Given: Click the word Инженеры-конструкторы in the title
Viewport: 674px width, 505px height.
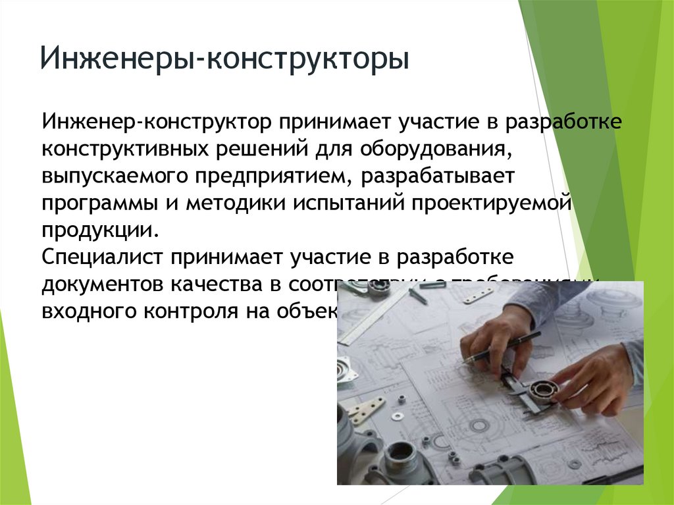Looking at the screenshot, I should click(224, 59).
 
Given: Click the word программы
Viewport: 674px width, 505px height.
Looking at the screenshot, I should click(99, 203).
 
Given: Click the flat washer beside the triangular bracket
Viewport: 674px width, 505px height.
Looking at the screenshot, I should click(397, 416).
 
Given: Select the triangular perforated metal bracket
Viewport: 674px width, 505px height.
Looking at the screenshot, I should click(366, 411).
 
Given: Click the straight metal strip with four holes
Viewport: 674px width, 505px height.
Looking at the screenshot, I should click(478, 296).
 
